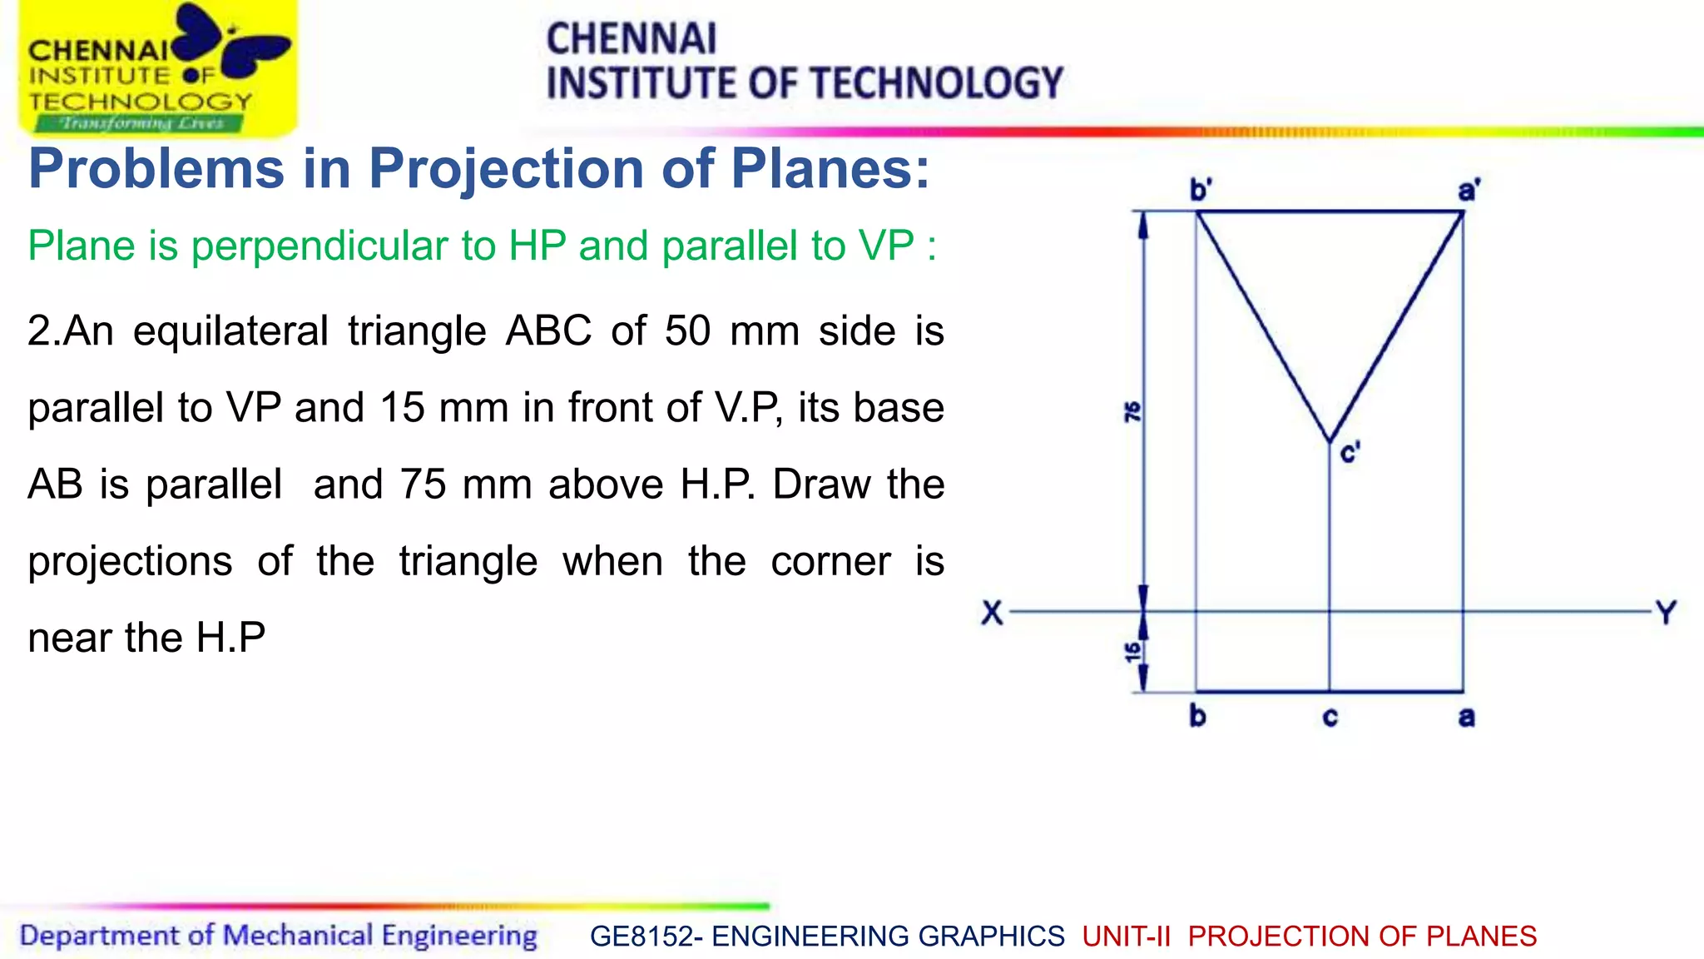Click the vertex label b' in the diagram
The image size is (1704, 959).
(1200, 190)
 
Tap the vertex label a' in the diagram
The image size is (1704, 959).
(1469, 190)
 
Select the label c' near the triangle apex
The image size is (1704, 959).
(1350, 454)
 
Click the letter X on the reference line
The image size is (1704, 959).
(992, 614)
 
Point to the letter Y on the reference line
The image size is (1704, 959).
(1666, 614)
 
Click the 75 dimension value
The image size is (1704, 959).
(1132, 411)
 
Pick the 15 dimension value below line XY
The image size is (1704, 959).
(1132, 653)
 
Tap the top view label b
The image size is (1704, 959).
(1197, 716)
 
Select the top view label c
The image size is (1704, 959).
(1330, 718)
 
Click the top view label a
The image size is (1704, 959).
(1466, 718)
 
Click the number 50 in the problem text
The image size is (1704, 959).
(687, 331)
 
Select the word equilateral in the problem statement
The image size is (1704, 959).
(230, 331)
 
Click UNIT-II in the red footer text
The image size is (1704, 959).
(1126, 937)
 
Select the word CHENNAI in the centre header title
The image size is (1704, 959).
(631, 39)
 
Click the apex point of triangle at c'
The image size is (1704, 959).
(1330, 441)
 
